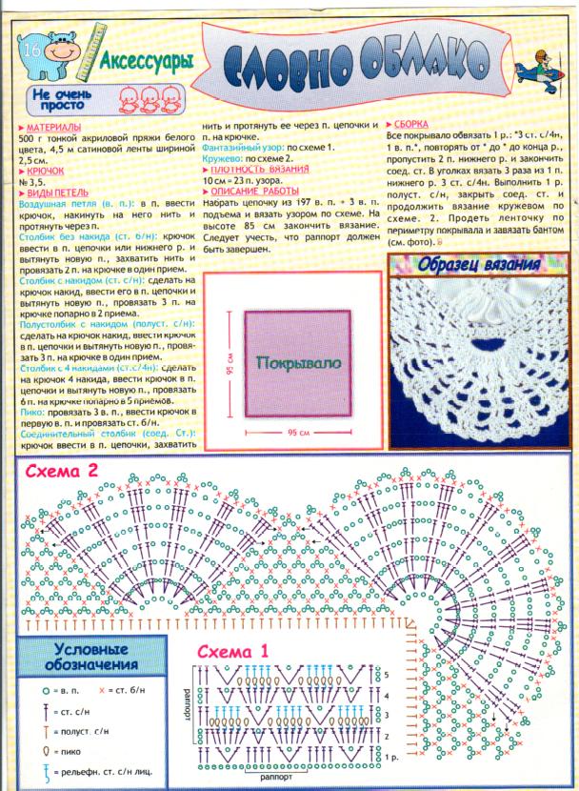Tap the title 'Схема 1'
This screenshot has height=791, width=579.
click(x=234, y=652)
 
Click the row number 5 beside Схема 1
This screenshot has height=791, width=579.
click(x=386, y=674)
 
